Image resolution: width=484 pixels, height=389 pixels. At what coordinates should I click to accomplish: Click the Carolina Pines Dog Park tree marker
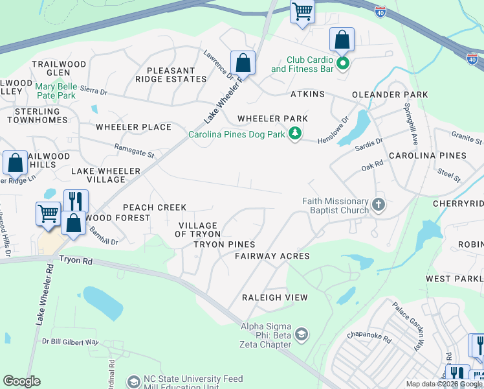296,134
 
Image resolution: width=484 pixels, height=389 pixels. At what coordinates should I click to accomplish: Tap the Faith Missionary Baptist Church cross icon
379,206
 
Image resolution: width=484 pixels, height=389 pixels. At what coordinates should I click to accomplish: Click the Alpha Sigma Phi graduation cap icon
301,335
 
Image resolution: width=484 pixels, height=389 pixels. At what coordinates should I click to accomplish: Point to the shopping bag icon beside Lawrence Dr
243,64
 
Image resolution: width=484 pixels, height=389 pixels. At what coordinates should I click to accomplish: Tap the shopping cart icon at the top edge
302,12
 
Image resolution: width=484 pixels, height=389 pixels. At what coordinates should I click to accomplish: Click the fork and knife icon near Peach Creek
76,201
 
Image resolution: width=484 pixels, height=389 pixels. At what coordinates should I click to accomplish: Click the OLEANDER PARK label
390,95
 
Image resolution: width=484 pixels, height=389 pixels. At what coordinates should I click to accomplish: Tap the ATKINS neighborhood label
307,95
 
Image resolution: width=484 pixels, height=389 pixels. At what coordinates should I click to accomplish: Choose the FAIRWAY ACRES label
272,256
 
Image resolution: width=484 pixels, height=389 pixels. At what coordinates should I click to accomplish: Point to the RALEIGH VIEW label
274,298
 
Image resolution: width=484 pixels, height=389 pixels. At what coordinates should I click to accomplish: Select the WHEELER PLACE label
133,127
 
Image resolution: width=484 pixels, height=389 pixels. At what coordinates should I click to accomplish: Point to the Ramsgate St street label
134,150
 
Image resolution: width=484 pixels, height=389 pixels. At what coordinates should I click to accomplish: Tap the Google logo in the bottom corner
22,381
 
